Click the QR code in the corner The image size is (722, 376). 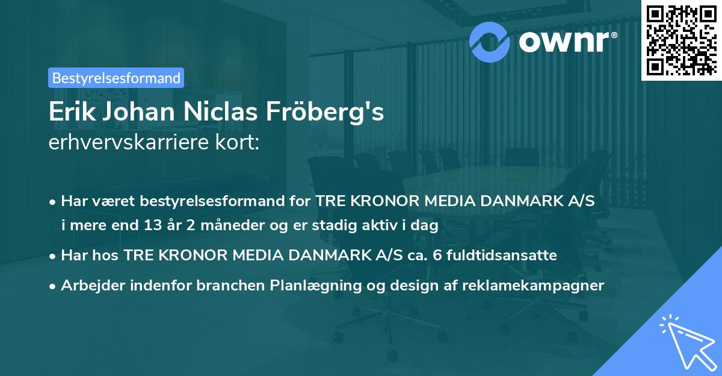[681, 40]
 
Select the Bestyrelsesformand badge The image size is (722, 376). [116, 78]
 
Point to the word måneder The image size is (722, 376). [227, 226]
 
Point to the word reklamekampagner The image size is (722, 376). [533, 286]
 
